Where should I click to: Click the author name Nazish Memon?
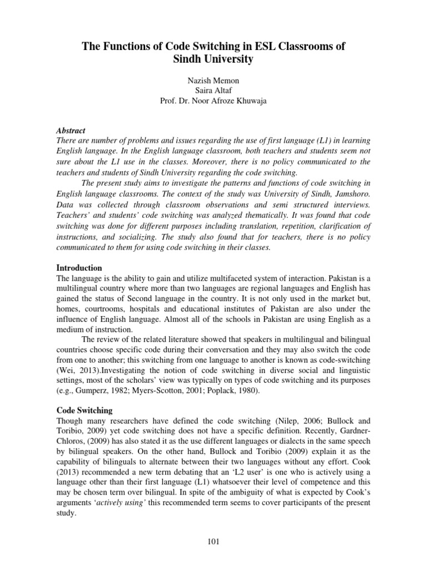[213, 81]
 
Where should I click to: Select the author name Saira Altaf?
[213, 91]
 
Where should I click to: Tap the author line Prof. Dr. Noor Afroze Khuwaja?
[213, 101]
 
